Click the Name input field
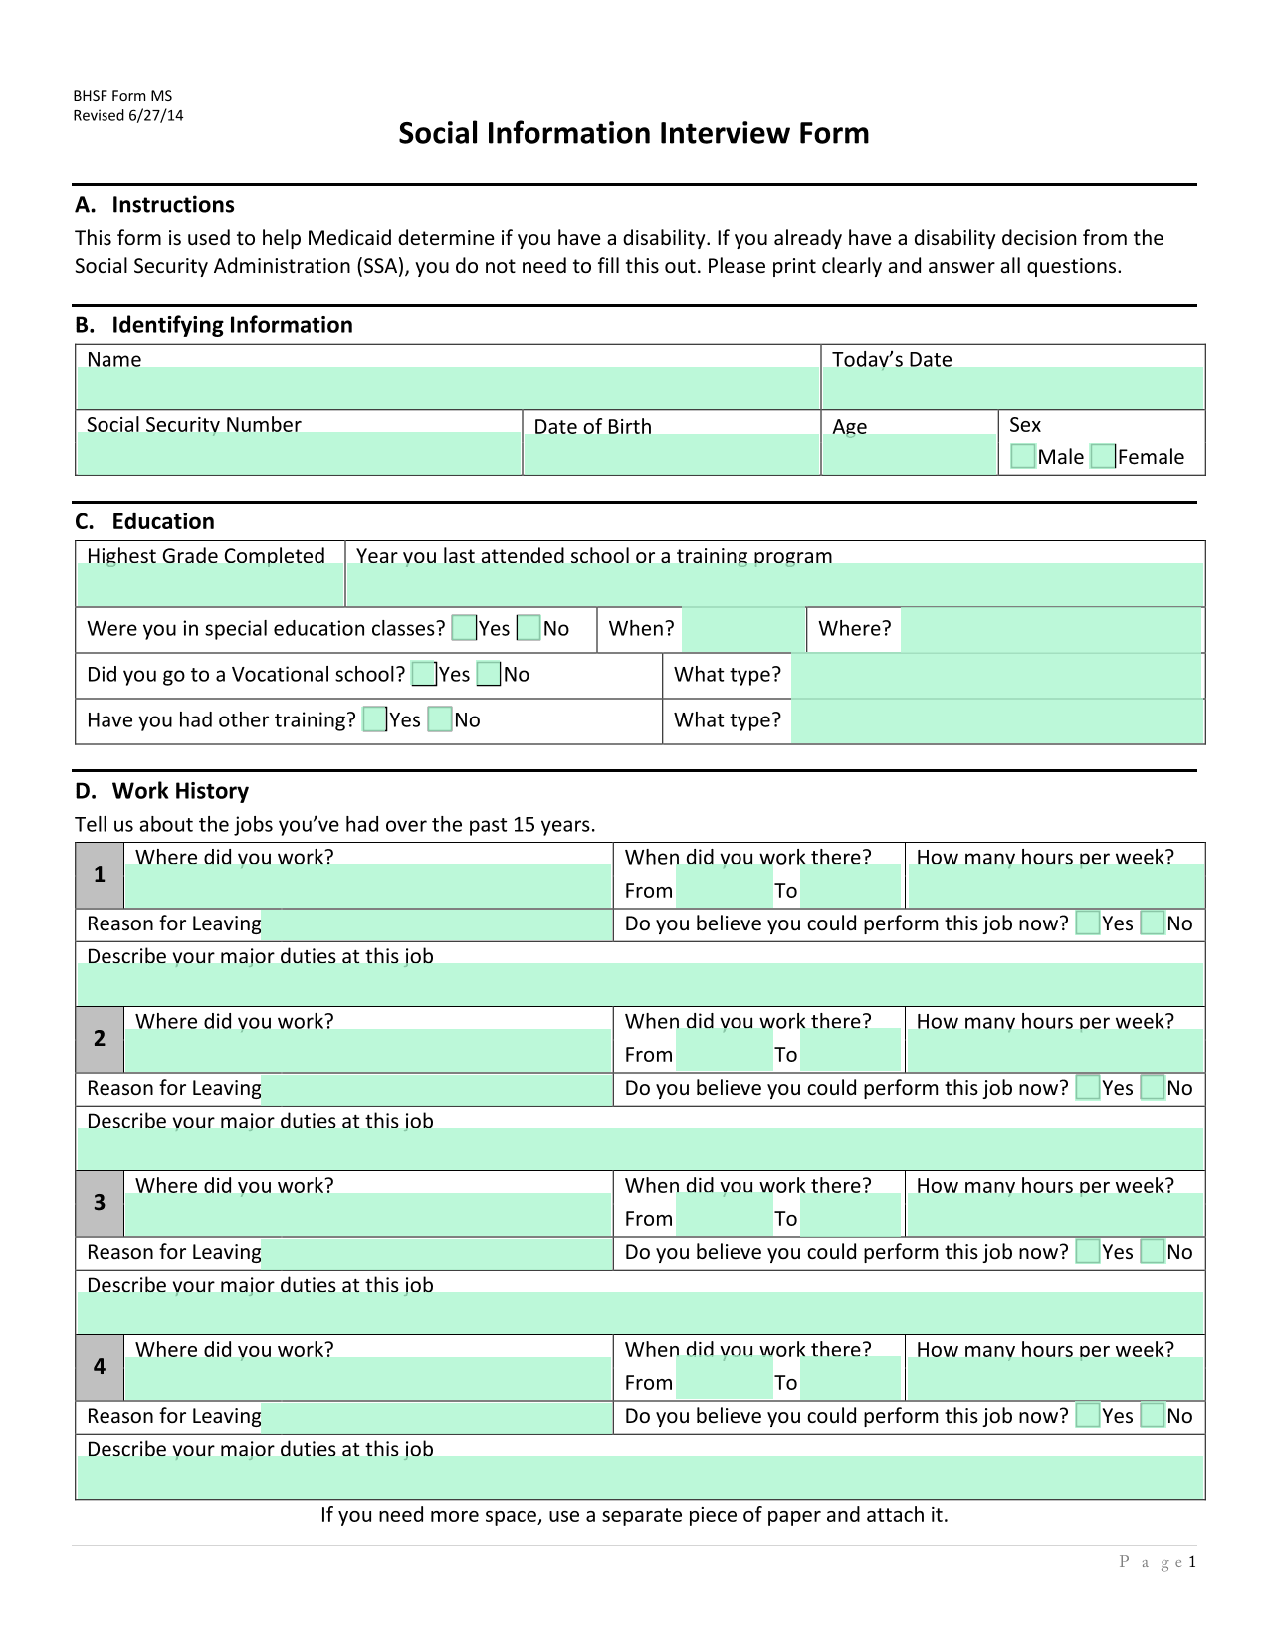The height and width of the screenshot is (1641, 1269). pyautogui.click(x=447, y=388)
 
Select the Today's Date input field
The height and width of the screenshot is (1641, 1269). pyautogui.click(x=1012, y=388)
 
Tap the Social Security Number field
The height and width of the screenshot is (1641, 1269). pyautogui.click(x=299, y=453)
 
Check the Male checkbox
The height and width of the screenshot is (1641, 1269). pyautogui.click(x=1022, y=456)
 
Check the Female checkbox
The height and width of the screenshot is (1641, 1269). pyautogui.click(x=1102, y=456)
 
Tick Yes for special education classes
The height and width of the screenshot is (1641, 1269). pyautogui.click(x=463, y=628)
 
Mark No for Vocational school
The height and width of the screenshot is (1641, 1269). pyautogui.click(x=489, y=674)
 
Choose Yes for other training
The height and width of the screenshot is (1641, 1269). pyautogui.click(x=374, y=719)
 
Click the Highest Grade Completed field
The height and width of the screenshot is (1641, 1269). pyautogui.click(x=210, y=585)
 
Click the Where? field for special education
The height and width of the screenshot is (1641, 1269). pyautogui.click(x=1050, y=630)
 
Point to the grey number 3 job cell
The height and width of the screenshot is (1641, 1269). pyautogui.click(x=100, y=1203)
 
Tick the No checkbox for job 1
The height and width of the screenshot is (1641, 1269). pyautogui.click(x=1152, y=923)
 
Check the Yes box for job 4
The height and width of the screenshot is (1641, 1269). pyautogui.click(x=1088, y=1416)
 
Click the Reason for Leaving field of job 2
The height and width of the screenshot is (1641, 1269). pyautogui.click(x=437, y=1089)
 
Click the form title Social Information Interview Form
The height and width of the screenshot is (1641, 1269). pyautogui.click(x=634, y=133)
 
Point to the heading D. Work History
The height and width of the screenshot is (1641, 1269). pyautogui.click(x=161, y=791)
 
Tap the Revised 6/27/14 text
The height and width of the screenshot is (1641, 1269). pyautogui.click(x=128, y=115)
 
